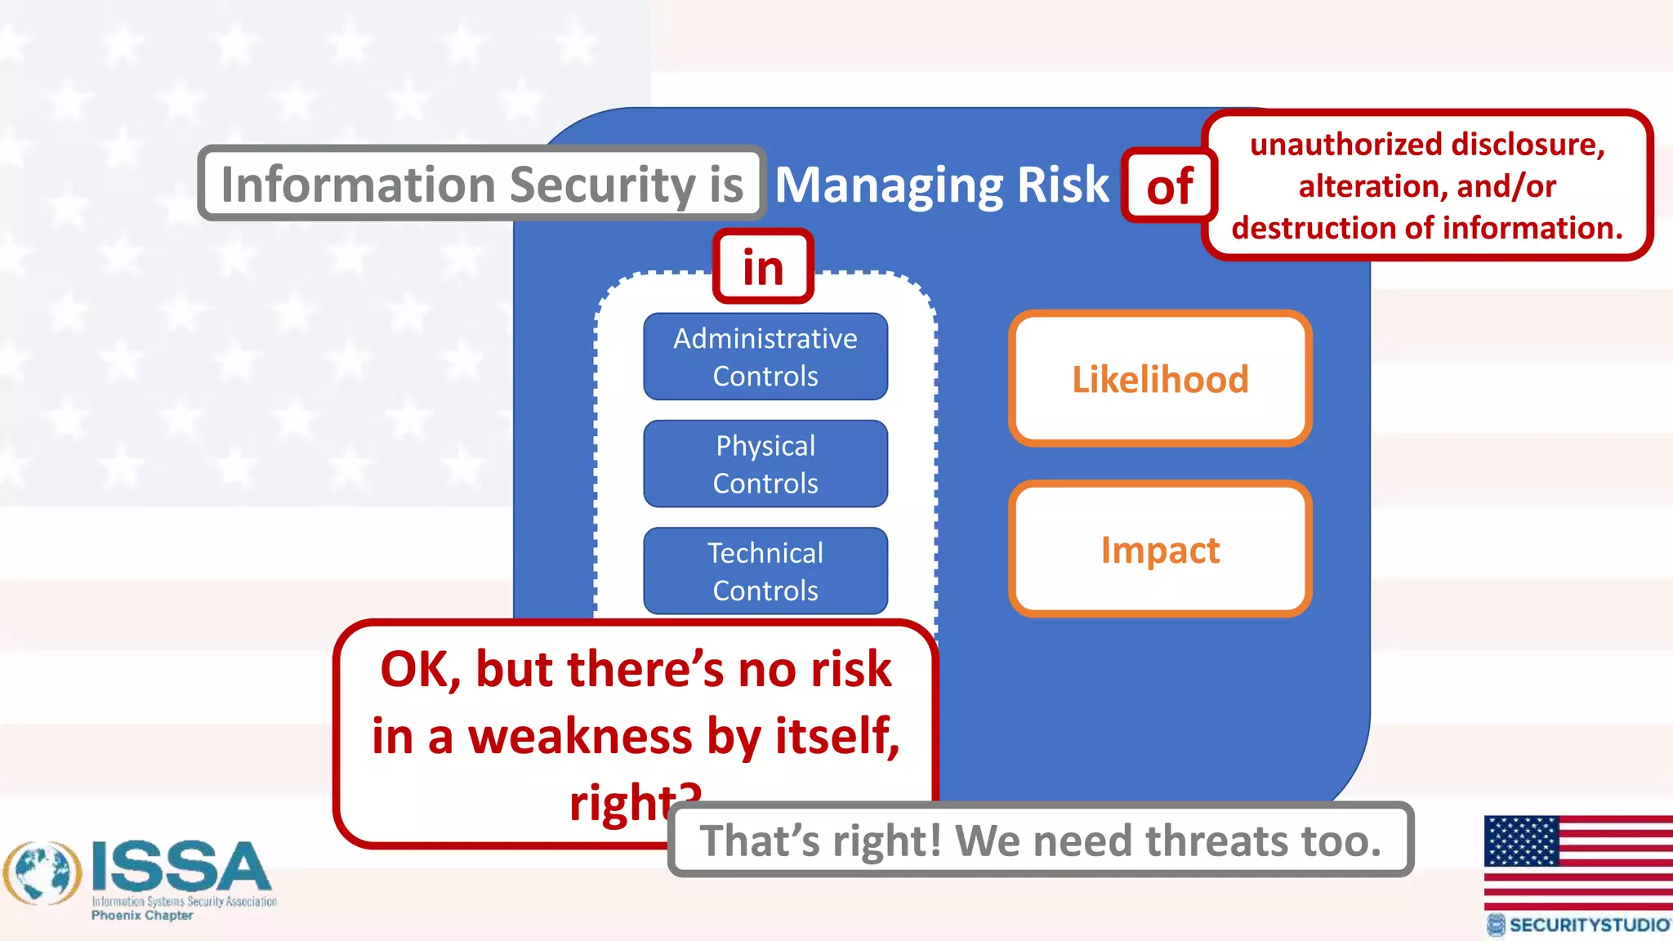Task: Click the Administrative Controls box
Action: click(x=765, y=357)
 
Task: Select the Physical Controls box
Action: click(x=765, y=464)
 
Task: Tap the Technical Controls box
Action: click(x=765, y=571)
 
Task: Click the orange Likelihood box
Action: click(x=1160, y=379)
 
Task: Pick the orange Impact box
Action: click(x=1160, y=549)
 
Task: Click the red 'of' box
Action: click(x=1169, y=186)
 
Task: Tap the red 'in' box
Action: click(x=763, y=267)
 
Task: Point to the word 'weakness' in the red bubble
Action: click(x=580, y=736)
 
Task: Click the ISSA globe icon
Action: click(x=42, y=873)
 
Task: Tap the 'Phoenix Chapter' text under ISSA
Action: click(x=142, y=916)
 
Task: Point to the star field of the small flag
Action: click(x=1521, y=841)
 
